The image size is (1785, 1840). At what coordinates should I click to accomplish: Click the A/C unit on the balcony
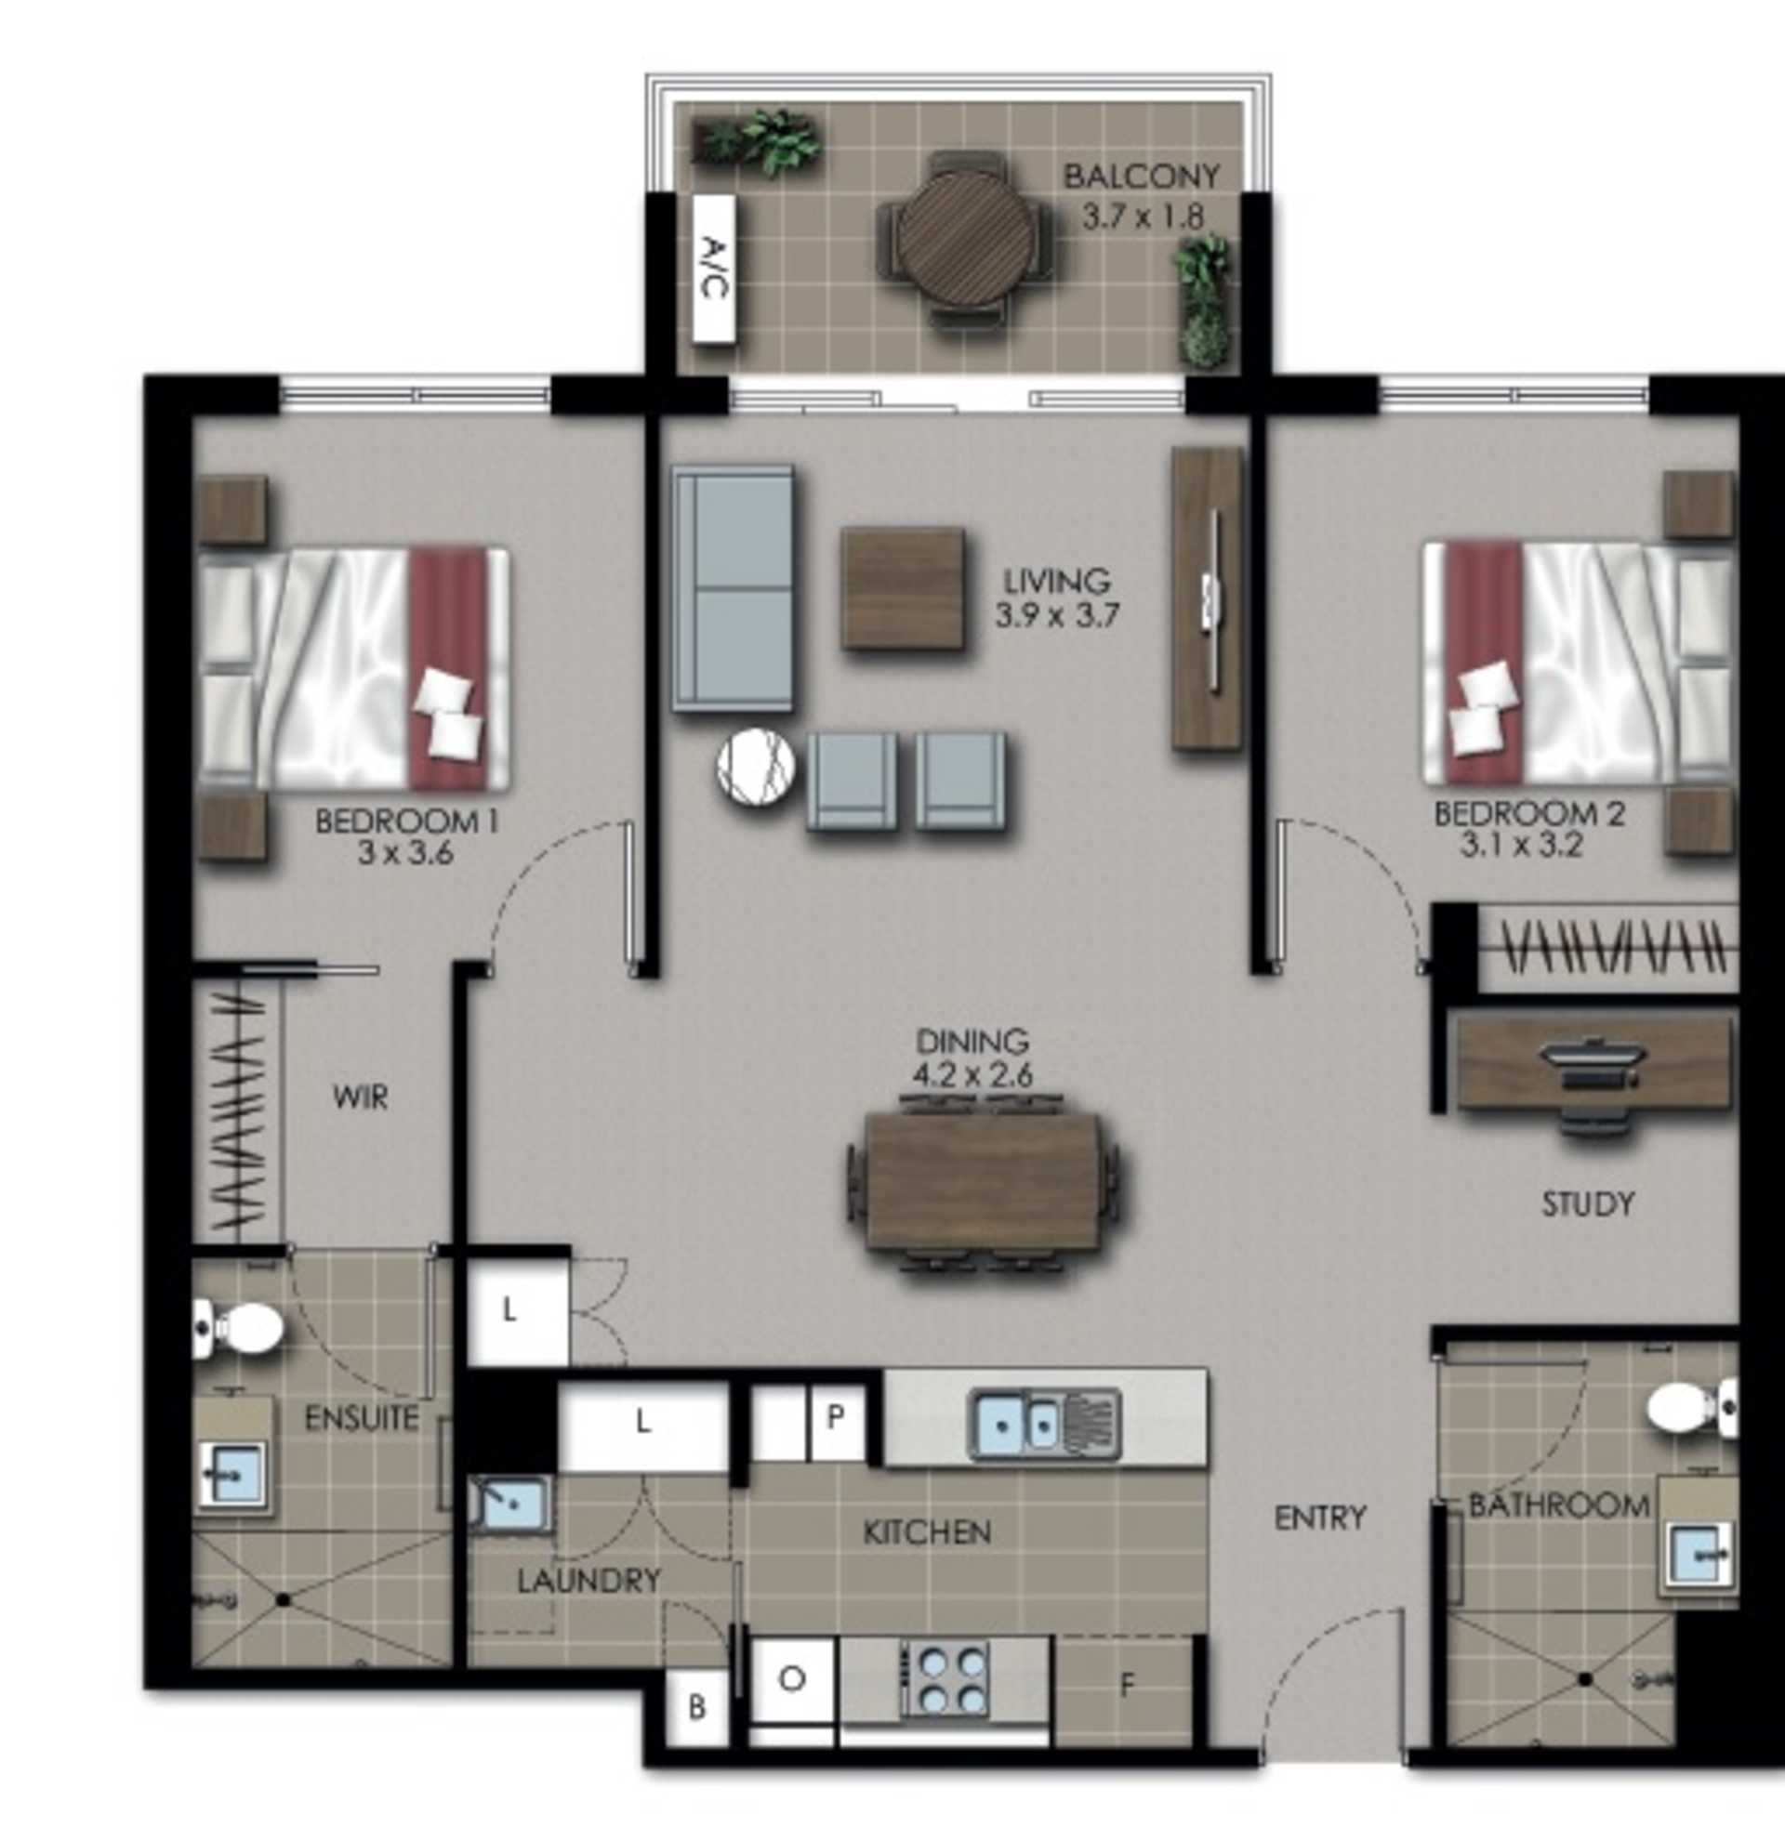point(713,268)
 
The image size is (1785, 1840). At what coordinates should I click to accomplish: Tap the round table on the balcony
point(964,240)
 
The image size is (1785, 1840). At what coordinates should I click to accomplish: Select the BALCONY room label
point(1141,176)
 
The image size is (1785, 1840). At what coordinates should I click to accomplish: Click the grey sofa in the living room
point(733,588)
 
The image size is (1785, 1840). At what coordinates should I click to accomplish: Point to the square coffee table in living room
point(903,588)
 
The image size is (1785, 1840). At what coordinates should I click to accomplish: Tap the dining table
point(982,1181)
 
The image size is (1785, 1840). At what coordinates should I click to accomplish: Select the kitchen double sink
point(1045,1424)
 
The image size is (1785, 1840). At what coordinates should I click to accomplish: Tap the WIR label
point(360,1097)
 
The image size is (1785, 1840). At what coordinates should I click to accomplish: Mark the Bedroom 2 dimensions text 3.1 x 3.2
point(1521,847)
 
